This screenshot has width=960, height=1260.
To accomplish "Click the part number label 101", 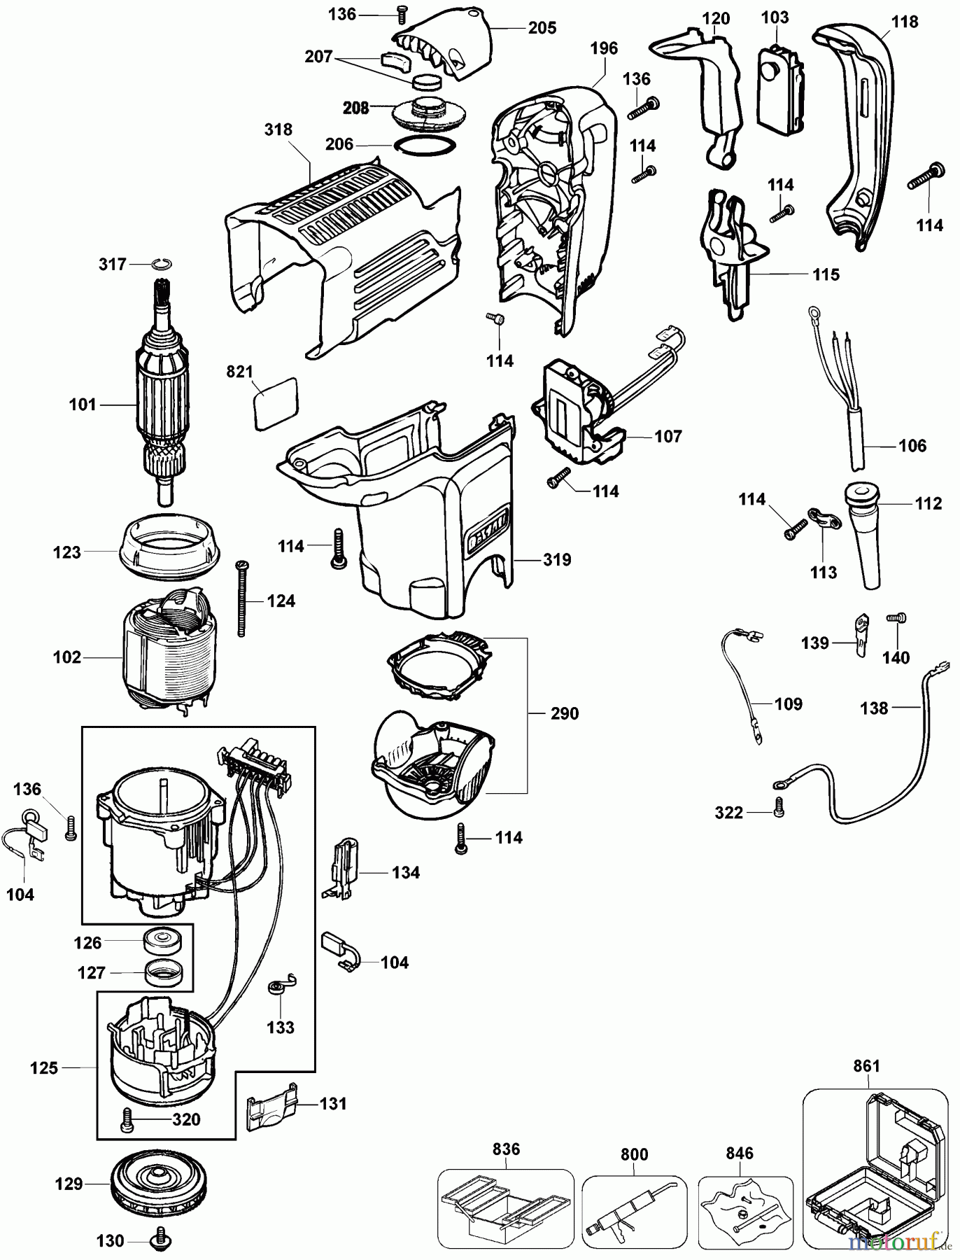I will pyautogui.click(x=82, y=405).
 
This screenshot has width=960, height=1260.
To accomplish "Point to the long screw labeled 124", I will pyautogui.click(x=242, y=598).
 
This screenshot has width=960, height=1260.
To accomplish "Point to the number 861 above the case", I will pyautogui.click(x=866, y=1066).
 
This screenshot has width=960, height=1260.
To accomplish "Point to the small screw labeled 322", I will pyautogui.click(x=779, y=809).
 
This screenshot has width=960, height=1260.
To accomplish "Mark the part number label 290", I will pyautogui.click(x=565, y=713).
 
